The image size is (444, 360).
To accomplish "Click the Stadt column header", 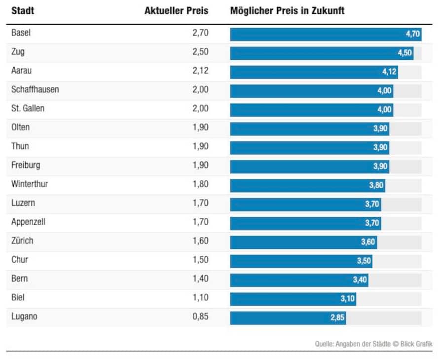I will (23, 11).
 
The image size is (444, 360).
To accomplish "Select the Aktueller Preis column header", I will (176, 11).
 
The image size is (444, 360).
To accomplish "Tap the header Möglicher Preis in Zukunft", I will (287, 11).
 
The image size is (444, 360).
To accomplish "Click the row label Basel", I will (21, 33).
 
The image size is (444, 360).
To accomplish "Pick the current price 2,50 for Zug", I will (200, 52).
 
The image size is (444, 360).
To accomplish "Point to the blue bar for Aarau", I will (306, 72).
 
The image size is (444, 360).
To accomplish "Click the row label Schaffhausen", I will (35, 89).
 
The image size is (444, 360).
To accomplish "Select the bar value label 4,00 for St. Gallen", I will (384, 110).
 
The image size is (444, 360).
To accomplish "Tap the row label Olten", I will (20, 127).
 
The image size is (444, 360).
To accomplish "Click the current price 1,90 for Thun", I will (200, 146).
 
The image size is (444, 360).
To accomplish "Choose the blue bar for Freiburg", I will (301, 166).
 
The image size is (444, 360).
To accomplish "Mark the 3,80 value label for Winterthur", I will (376, 186).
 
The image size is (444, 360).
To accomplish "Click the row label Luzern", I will (23, 203).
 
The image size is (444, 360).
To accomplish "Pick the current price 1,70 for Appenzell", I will (200, 222).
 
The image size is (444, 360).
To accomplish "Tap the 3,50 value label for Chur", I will (364, 261).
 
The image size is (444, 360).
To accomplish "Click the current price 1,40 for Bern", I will (200, 279).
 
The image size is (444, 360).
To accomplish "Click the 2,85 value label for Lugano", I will (337, 318).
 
